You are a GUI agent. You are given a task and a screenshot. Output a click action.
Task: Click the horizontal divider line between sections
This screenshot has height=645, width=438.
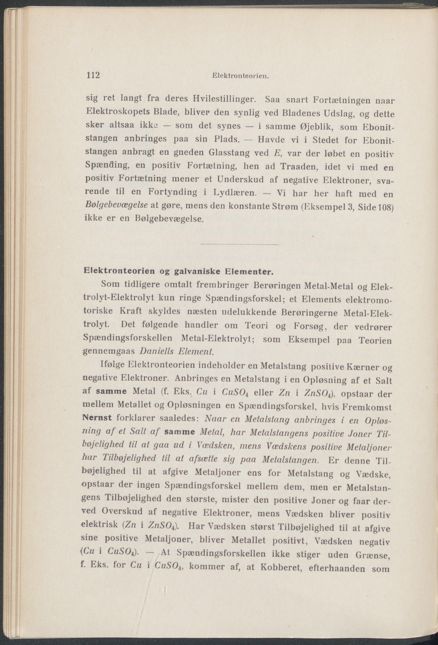pyautogui.click(x=239, y=244)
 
